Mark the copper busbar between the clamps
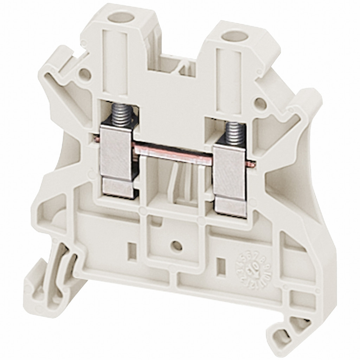[174, 152]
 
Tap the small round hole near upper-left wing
[83, 74]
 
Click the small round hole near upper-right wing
[259, 103]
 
